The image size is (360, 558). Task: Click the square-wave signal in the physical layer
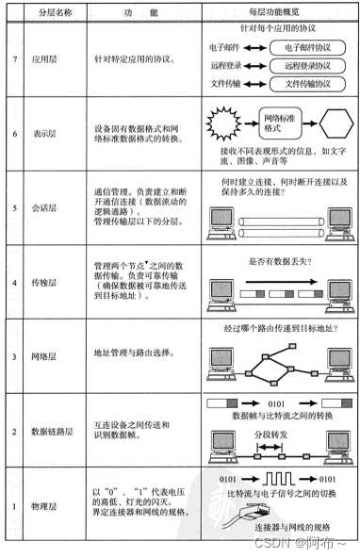288,480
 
